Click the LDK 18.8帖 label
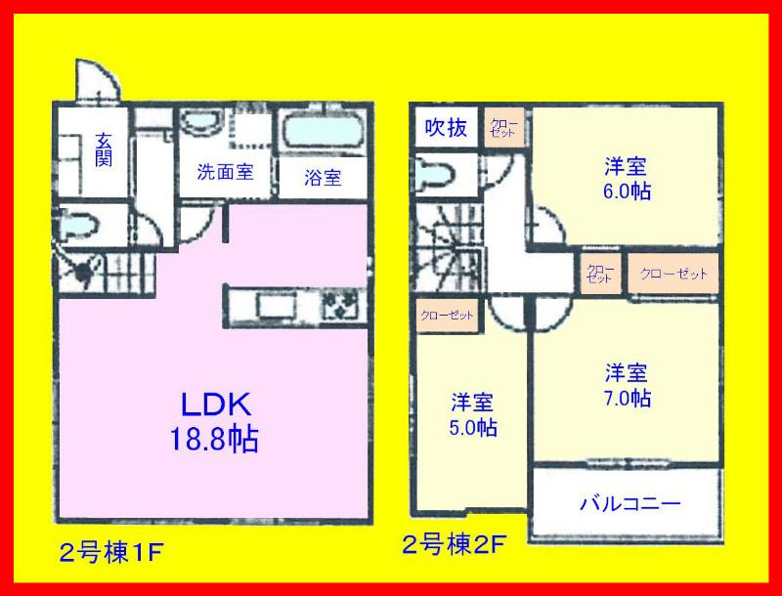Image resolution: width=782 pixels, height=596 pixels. pos(215,421)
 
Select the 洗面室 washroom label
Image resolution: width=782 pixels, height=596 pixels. pos(225,173)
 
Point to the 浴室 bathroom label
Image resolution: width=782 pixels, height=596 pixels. pos(322,178)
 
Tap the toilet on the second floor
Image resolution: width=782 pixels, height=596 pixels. pos(434,177)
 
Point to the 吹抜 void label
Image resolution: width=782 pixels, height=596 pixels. pos(446,127)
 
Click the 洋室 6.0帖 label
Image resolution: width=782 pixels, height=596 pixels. pos(626,177)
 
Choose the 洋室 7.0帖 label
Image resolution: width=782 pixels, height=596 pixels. pos(627,385)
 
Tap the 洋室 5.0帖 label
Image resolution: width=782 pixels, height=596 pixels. pos(472,414)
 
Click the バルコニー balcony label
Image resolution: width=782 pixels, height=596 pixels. pos(630,505)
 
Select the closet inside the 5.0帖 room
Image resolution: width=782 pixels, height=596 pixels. pos(447,317)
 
